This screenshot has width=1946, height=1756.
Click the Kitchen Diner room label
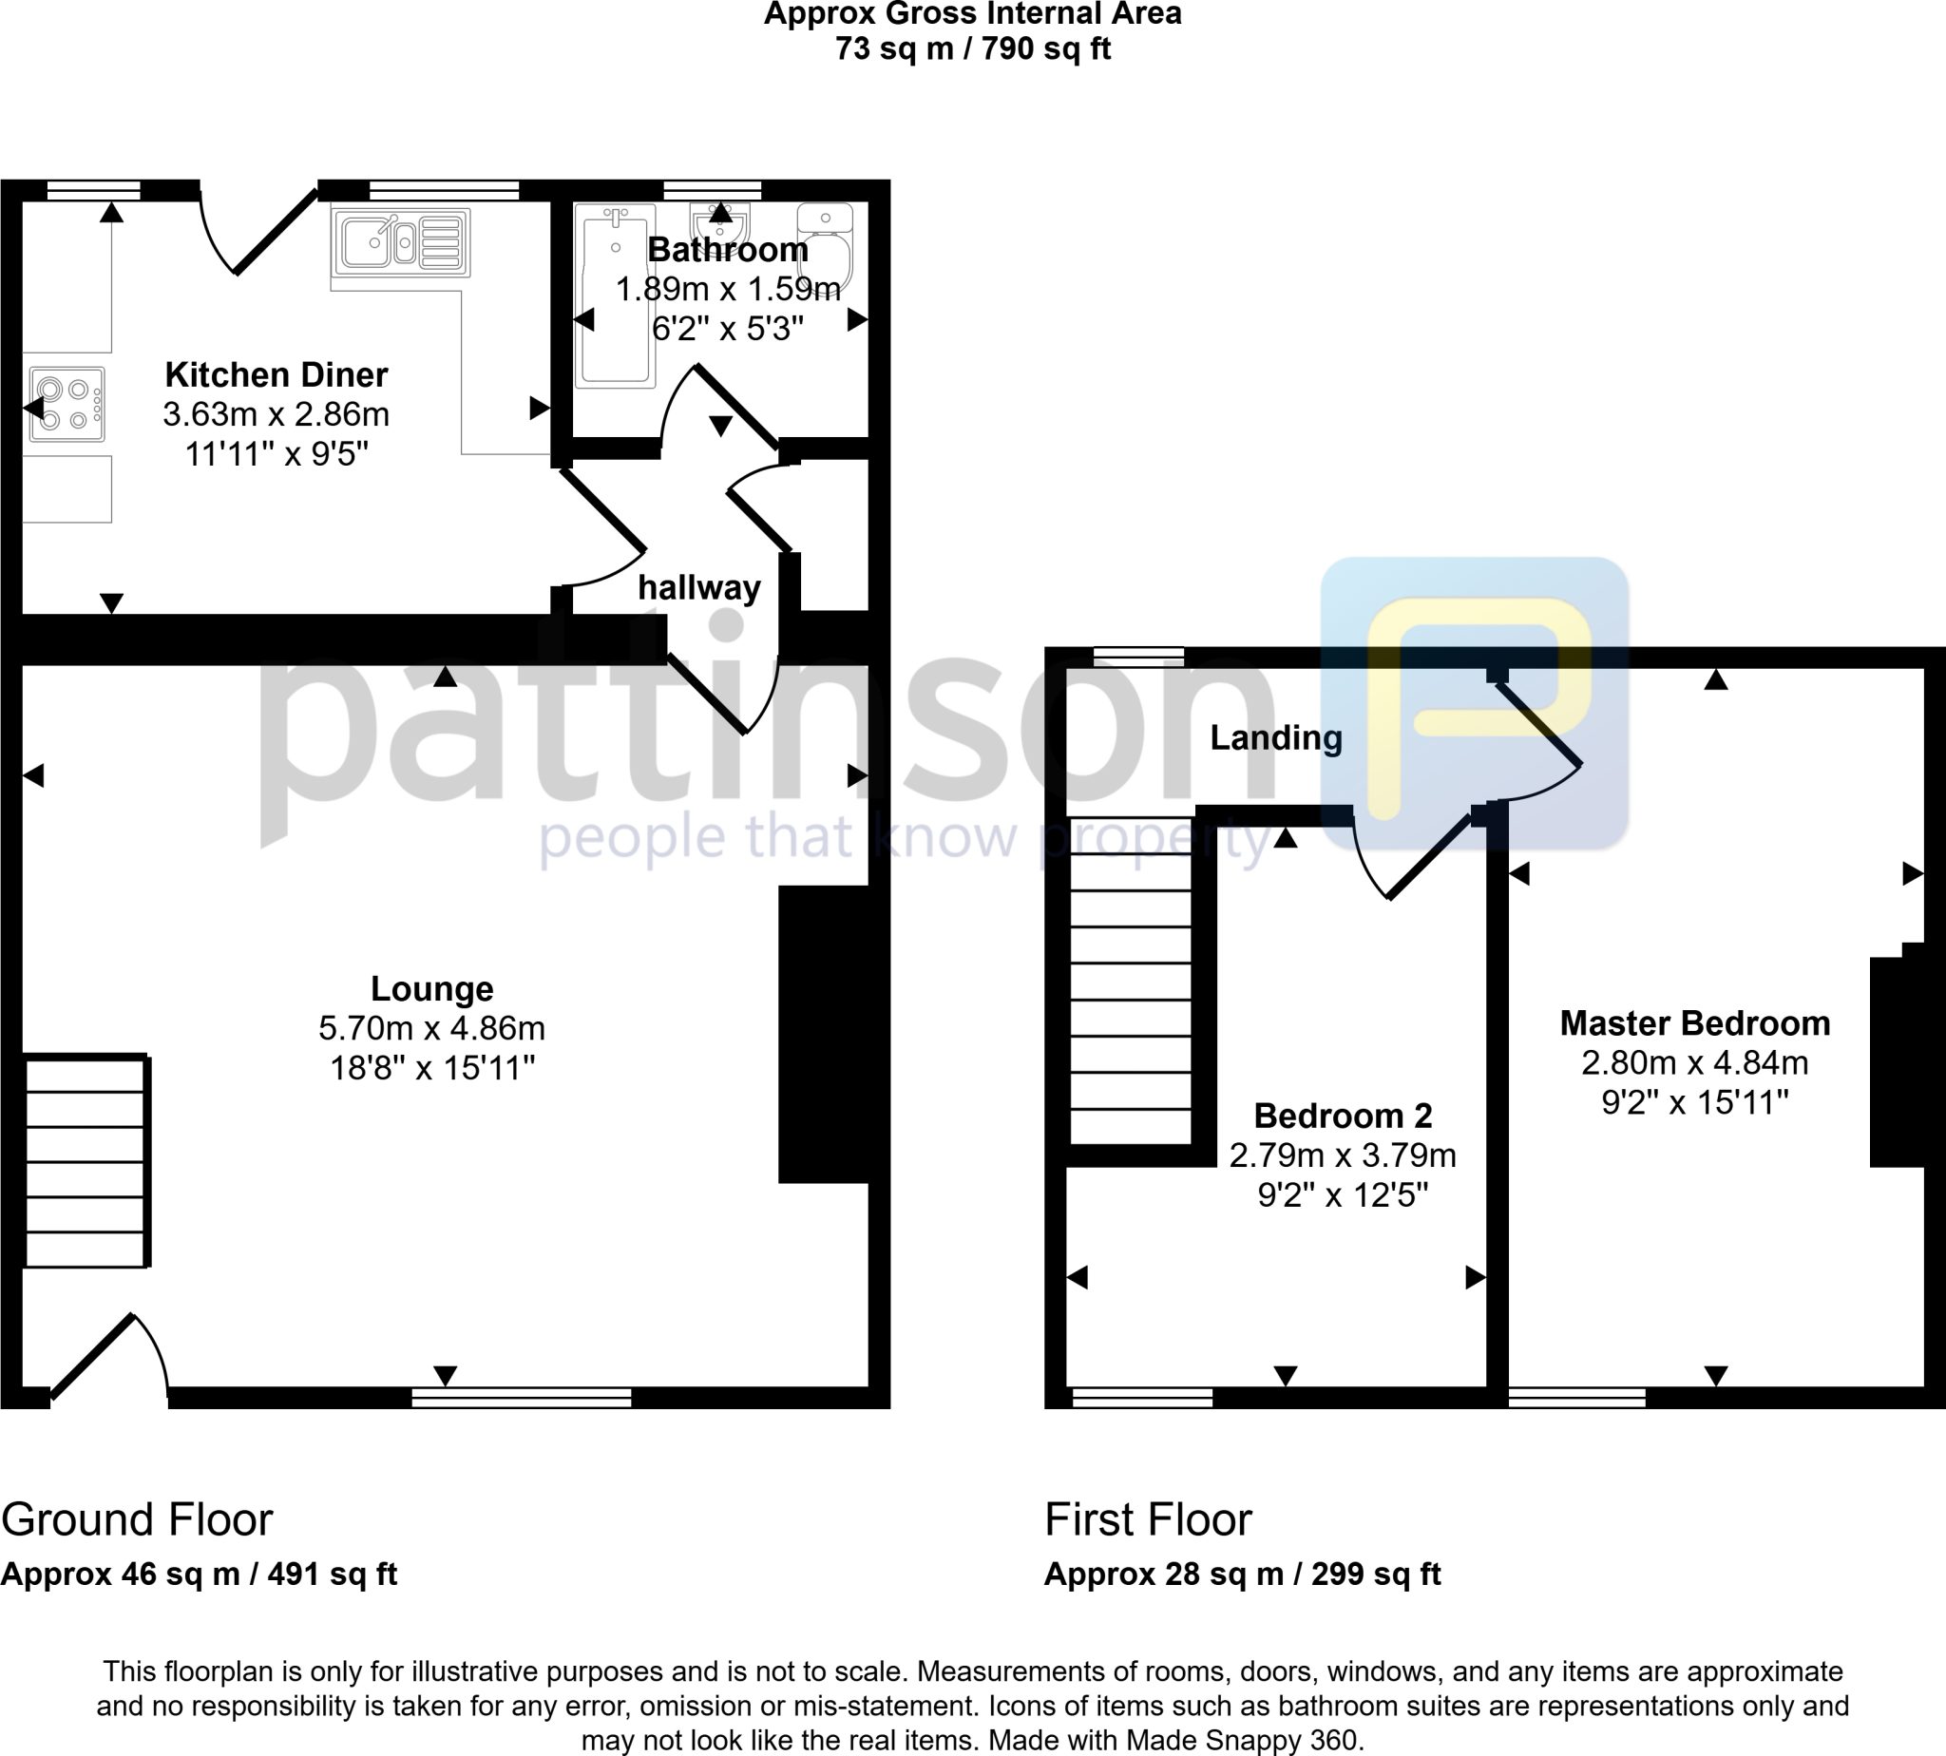coord(276,374)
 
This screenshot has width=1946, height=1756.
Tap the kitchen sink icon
coord(400,242)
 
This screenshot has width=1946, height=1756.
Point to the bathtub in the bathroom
coord(615,296)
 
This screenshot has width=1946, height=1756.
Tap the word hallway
coord(699,587)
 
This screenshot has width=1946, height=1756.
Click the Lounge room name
coord(432,989)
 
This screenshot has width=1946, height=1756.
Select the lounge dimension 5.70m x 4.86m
coord(432,1028)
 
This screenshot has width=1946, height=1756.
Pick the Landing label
coord(1275,738)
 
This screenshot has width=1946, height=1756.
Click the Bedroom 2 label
coord(1342,1116)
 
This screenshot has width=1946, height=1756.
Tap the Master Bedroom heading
coord(1694,1022)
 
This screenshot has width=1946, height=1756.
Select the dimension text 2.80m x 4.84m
coord(1694,1063)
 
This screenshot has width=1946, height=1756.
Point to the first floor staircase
coord(1130,981)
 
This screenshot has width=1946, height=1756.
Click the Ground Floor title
coord(137,1520)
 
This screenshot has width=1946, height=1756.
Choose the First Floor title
coord(1148,1520)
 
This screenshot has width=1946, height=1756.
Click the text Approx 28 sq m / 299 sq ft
coord(1242,1575)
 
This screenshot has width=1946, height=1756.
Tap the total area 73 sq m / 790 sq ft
coord(972,48)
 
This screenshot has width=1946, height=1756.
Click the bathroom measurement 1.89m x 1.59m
coord(729,289)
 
